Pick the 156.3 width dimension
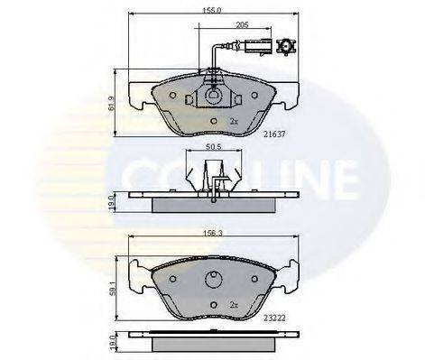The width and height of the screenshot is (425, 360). pyautogui.click(x=212, y=231)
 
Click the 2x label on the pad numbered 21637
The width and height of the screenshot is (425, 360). pyautogui.click(x=234, y=120)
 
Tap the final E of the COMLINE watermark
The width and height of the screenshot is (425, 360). pyautogui.click(x=357, y=179)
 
